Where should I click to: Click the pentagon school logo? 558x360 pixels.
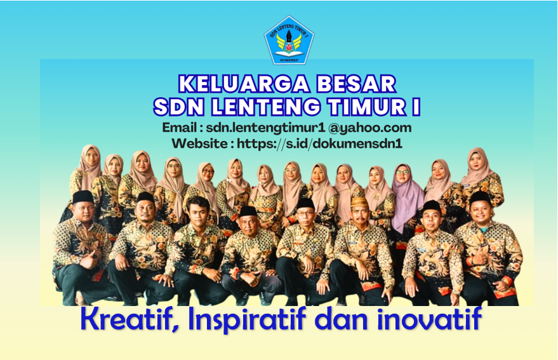click(289, 39)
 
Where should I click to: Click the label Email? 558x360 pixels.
click(178, 128)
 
